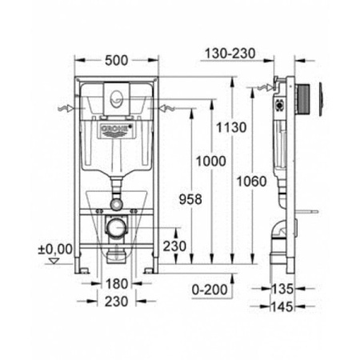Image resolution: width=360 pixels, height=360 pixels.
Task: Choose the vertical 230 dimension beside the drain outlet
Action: click(x=175, y=246)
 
